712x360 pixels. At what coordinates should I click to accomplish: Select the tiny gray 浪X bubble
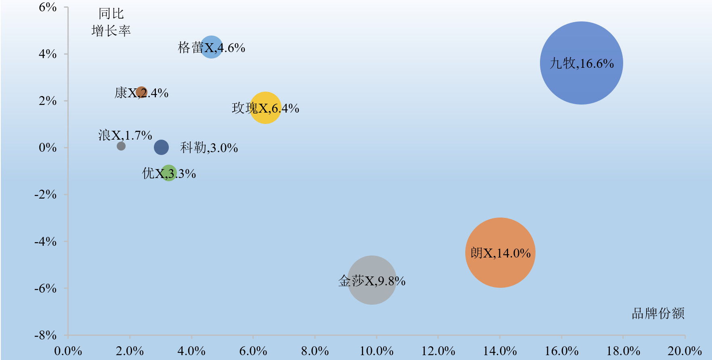(121, 146)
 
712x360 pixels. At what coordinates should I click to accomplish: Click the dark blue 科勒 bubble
(161, 147)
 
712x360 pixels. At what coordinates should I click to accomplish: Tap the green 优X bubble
(168, 173)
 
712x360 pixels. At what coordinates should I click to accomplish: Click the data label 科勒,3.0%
(209, 148)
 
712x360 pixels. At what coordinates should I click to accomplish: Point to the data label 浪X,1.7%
(125, 135)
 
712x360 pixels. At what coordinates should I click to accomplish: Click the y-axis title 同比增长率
(111, 22)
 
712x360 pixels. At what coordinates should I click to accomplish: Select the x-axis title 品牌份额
(658, 313)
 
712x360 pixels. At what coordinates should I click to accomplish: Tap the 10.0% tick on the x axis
(376, 351)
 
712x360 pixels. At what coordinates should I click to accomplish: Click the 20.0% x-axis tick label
(685, 351)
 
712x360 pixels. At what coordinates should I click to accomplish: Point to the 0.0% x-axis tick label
(68, 351)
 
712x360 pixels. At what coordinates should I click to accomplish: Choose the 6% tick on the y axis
(48, 7)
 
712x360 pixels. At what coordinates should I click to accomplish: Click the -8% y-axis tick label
(45, 335)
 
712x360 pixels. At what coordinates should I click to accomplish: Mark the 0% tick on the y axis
(48, 148)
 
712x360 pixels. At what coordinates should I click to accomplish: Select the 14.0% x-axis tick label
(500, 351)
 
